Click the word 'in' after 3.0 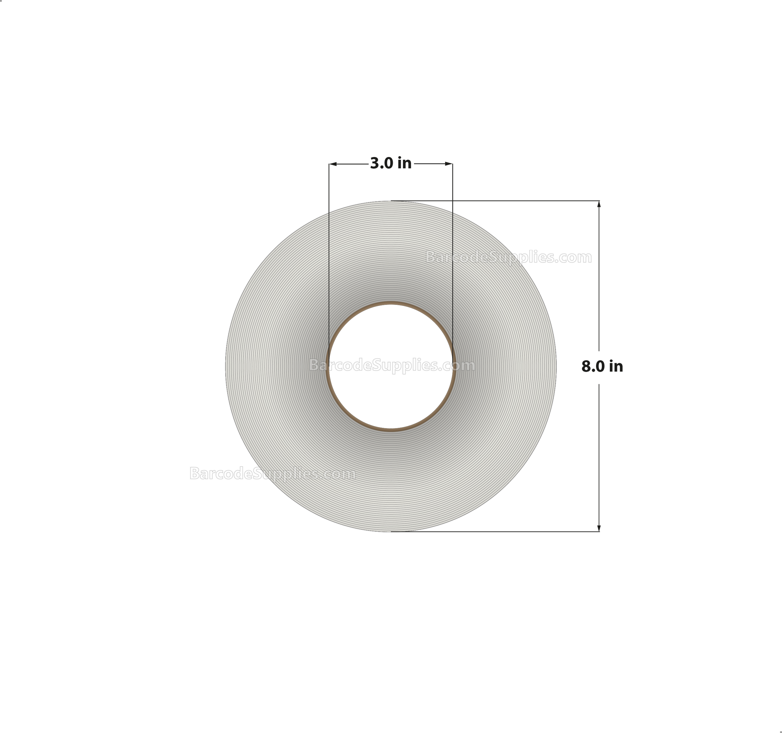pyautogui.click(x=404, y=163)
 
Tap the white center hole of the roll pyautogui.click(x=391, y=397)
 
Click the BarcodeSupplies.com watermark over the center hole pyautogui.click(x=392, y=366)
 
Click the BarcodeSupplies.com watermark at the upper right pyautogui.click(x=508, y=257)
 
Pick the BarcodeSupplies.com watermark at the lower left pyautogui.click(x=272, y=474)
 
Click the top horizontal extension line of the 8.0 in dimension pyautogui.click(x=511, y=201)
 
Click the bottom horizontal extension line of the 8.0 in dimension pyautogui.click(x=511, y=532)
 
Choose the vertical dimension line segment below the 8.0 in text pyautogui.click(x=599, y=453)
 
